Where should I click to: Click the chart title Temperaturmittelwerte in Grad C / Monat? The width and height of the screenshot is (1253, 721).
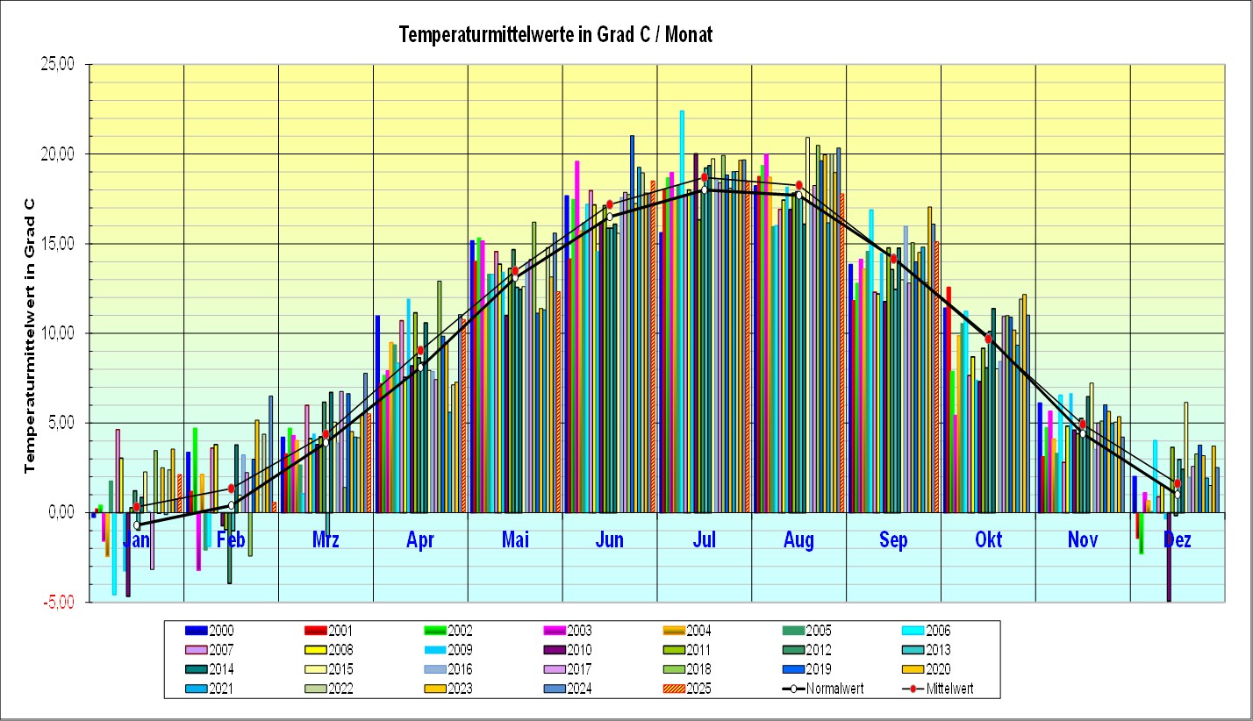[555, 35]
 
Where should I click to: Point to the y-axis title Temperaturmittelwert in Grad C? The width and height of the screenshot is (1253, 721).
[31, 333]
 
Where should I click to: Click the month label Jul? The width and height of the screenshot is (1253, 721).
[705, 540]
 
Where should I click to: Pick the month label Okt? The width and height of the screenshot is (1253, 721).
[988, 540]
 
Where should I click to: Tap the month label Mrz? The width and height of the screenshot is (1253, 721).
[326, 540]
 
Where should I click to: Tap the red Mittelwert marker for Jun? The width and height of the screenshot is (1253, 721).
[610, 204]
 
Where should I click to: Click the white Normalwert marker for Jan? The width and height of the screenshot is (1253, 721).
[137, 525]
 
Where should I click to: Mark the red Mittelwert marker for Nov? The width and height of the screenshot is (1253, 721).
[1083, 424]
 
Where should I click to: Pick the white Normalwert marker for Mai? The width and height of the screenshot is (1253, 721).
[515, 278]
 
